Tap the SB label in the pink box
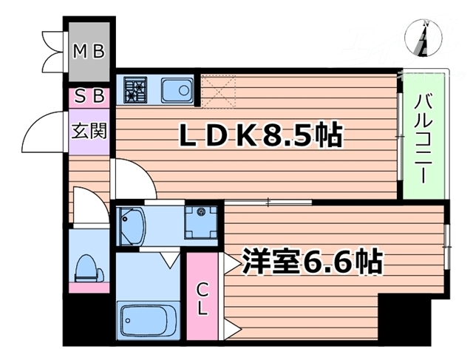click(x=89, y=96)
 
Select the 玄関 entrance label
click(x=89, y=132)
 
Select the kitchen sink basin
click(x=175, y=90)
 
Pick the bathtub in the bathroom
click(x=148, y=321)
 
